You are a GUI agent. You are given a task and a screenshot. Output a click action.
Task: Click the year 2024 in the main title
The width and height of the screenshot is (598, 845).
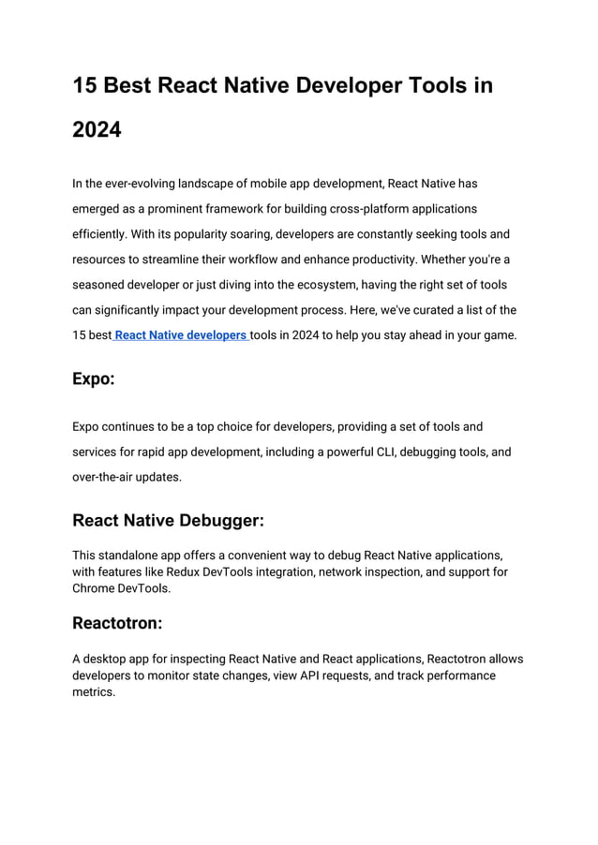point(97,129)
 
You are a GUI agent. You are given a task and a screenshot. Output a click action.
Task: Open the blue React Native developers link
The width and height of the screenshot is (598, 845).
point(180,334)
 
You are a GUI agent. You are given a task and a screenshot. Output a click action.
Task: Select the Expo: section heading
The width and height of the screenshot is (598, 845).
point(94,379)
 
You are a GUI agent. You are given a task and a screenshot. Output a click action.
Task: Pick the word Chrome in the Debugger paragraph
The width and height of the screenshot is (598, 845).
point(94,588)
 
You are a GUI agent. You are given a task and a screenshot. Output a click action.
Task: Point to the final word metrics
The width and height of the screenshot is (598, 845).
point(93,692)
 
